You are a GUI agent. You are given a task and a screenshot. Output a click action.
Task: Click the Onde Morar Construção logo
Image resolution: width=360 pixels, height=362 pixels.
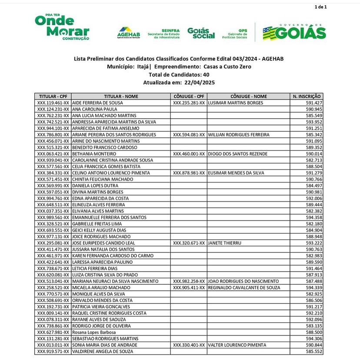click(62, 27)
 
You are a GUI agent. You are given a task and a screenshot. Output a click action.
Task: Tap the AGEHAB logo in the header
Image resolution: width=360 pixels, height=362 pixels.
click(128, 33)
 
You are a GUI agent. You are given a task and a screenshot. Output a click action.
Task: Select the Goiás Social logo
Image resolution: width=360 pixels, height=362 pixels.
click(201, 33)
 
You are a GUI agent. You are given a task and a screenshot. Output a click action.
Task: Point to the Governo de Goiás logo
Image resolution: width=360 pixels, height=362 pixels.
click(294, 32)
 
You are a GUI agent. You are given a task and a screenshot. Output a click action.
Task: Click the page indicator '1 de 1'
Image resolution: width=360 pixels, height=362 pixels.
click(320, 7)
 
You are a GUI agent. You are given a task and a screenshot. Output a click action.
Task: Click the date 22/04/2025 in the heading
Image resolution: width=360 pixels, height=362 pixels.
click(200, 82)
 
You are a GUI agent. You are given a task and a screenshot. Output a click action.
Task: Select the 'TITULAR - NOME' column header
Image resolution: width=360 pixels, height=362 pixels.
click(121, 96)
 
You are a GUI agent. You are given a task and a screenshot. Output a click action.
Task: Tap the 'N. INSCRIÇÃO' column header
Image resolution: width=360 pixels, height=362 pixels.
click(307, 96)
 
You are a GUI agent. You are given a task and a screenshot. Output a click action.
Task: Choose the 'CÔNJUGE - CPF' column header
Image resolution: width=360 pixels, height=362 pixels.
click(189, 96)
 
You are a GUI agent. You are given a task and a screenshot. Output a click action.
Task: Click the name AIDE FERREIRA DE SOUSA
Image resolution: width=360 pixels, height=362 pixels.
click(98, 103)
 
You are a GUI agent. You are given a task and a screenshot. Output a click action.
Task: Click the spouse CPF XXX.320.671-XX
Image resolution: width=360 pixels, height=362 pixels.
click(189, 243)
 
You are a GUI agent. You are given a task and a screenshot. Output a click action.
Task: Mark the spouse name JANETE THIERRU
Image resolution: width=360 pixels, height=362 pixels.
click(224, 243)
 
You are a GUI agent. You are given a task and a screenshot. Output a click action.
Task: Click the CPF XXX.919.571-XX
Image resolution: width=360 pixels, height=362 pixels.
click(53, 351)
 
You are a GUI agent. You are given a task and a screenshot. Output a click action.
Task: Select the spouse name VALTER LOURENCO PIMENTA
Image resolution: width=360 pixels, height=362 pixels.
click(237, 345)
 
